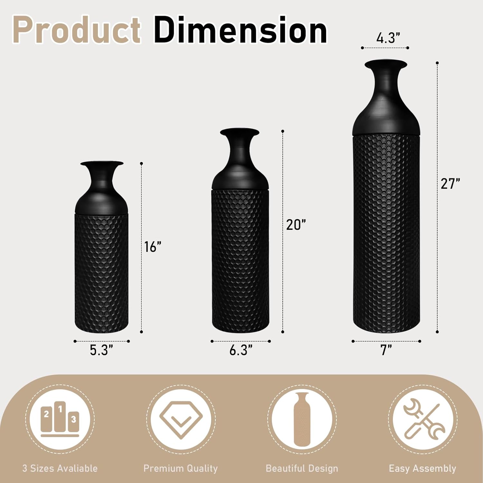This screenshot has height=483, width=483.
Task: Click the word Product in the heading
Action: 77,30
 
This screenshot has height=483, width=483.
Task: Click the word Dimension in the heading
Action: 241,30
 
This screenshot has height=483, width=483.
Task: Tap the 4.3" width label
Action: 388,38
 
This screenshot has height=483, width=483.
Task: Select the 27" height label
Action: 450,184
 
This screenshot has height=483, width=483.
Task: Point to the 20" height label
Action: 296,225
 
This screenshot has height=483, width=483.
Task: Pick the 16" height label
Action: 153,247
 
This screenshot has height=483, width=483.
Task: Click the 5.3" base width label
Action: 101,350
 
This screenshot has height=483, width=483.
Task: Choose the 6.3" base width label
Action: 241,350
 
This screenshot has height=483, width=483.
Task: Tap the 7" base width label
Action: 386,350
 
